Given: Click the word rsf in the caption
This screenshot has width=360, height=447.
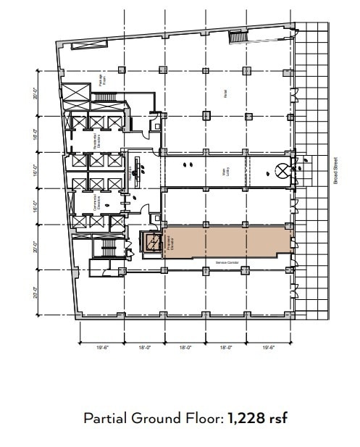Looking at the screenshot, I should [279, 419].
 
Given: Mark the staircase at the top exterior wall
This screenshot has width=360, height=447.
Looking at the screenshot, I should [238, 36].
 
